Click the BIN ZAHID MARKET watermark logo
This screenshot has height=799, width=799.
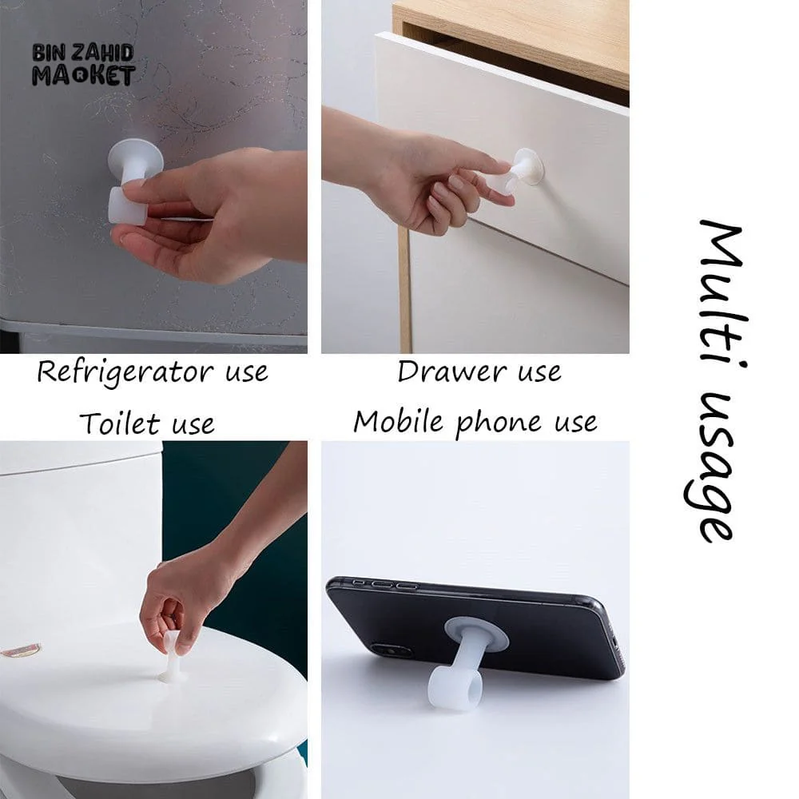83,65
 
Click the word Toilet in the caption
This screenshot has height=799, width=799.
120,423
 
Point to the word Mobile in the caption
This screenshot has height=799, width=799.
399,421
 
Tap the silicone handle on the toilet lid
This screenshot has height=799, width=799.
170,658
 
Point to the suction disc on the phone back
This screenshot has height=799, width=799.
476,634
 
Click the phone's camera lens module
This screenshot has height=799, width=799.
391,650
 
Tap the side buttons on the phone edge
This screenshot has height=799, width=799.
387,584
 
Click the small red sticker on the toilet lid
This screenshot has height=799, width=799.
21,650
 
